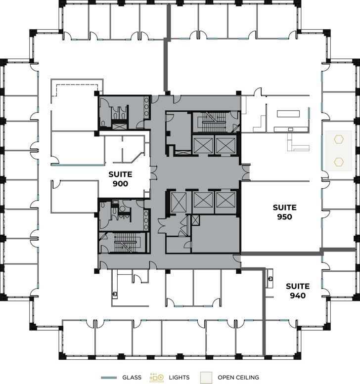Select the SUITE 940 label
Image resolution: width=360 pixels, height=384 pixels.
click(298, 291)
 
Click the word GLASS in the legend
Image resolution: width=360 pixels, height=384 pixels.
click(132, 378)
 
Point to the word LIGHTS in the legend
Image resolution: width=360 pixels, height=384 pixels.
click(179, 378)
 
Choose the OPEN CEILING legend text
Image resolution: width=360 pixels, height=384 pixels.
click(238, 378)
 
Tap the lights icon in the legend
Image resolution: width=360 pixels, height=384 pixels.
click(157, 378)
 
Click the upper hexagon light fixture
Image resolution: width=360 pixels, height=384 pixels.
click(339, 140)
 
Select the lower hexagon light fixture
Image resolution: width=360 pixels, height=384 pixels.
click(339, 161)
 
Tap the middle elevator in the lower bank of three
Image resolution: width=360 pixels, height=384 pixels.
click(203, 200)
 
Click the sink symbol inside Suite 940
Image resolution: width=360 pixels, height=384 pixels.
click(270, 279)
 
